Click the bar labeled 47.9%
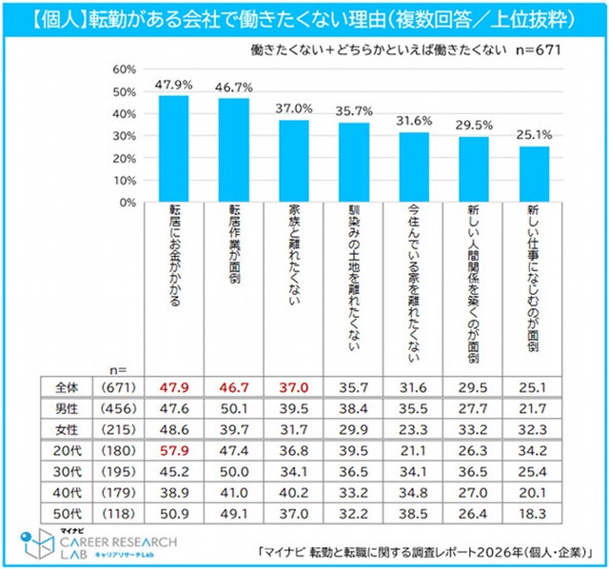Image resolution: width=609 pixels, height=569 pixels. [x=172, y=148]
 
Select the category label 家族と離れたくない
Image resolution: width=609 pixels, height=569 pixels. [x=293, y=256]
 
